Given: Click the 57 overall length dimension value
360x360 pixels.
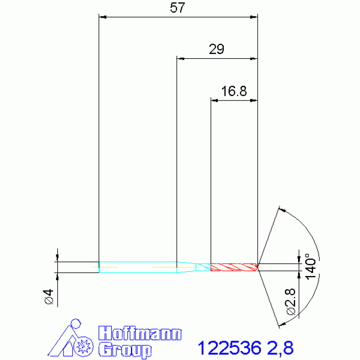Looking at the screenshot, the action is coord(177,8).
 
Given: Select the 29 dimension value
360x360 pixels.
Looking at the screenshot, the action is coord(216,49).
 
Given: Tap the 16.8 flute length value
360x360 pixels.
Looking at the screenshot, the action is coord(234,91).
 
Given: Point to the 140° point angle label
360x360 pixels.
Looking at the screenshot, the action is coord(310,266).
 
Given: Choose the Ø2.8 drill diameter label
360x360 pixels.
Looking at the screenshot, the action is coord(290,301).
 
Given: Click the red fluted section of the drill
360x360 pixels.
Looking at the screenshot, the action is coord(234,267).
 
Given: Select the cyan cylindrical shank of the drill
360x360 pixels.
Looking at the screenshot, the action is coord(138,267).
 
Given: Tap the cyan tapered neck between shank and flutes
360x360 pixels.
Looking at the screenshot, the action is coord(193,267).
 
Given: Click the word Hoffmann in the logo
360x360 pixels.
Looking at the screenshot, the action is coord(140,333).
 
